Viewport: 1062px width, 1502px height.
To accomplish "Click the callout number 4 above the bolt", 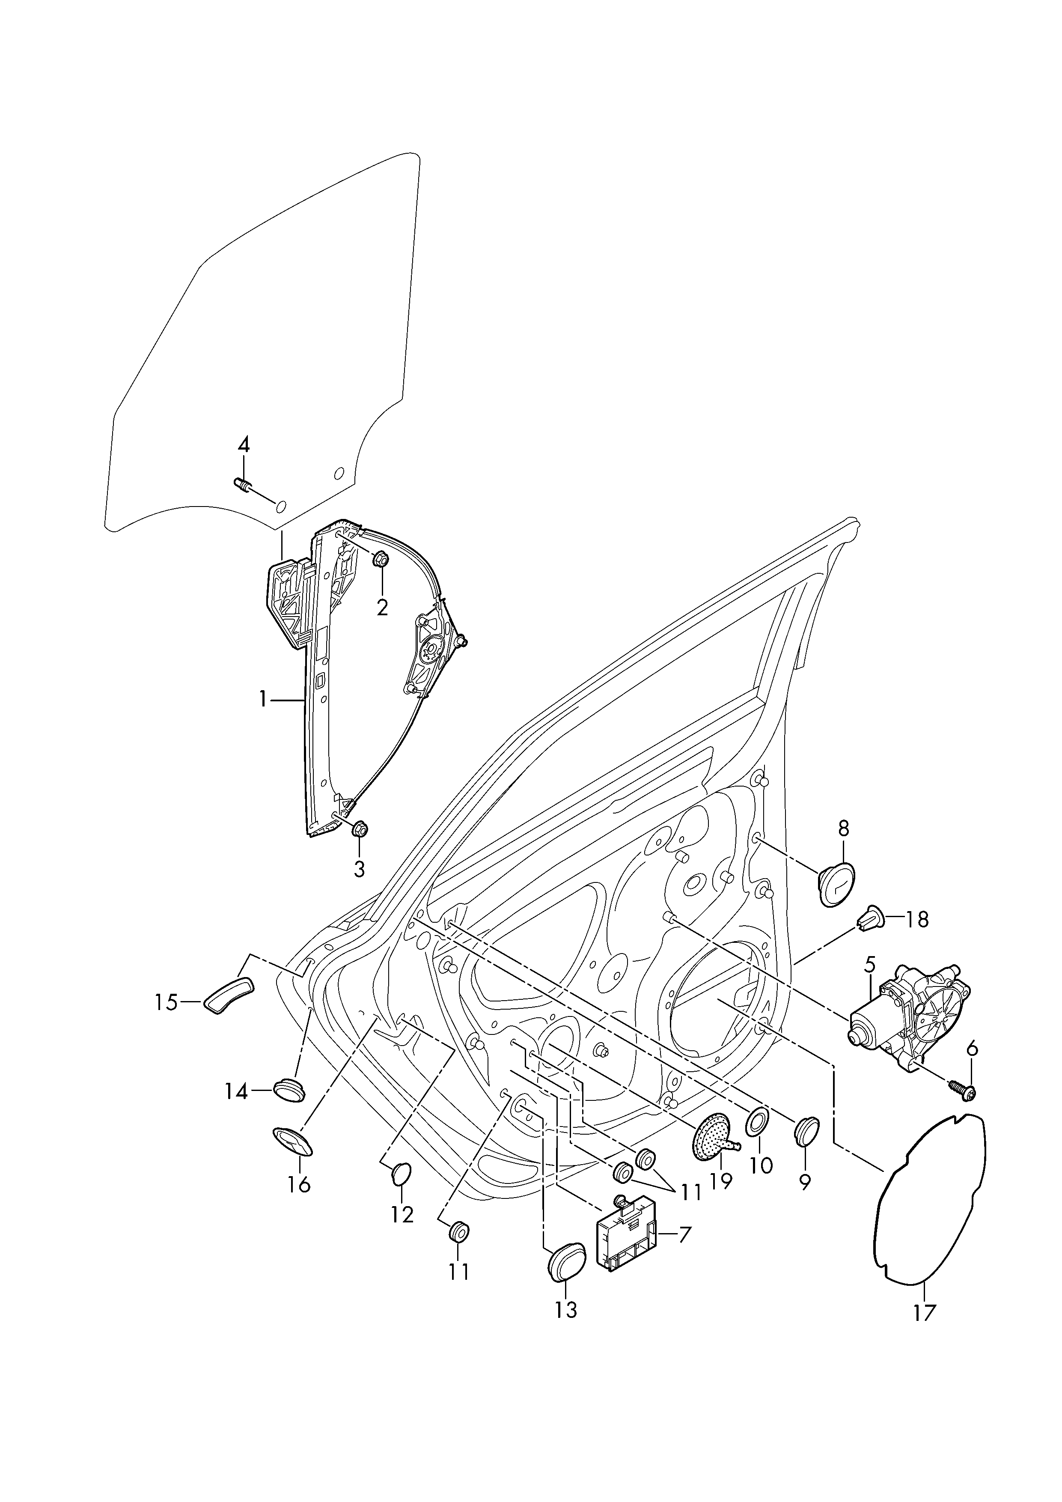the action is pos(243,445).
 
